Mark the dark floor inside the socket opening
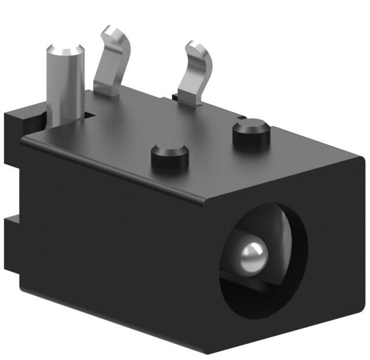point(255,292)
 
